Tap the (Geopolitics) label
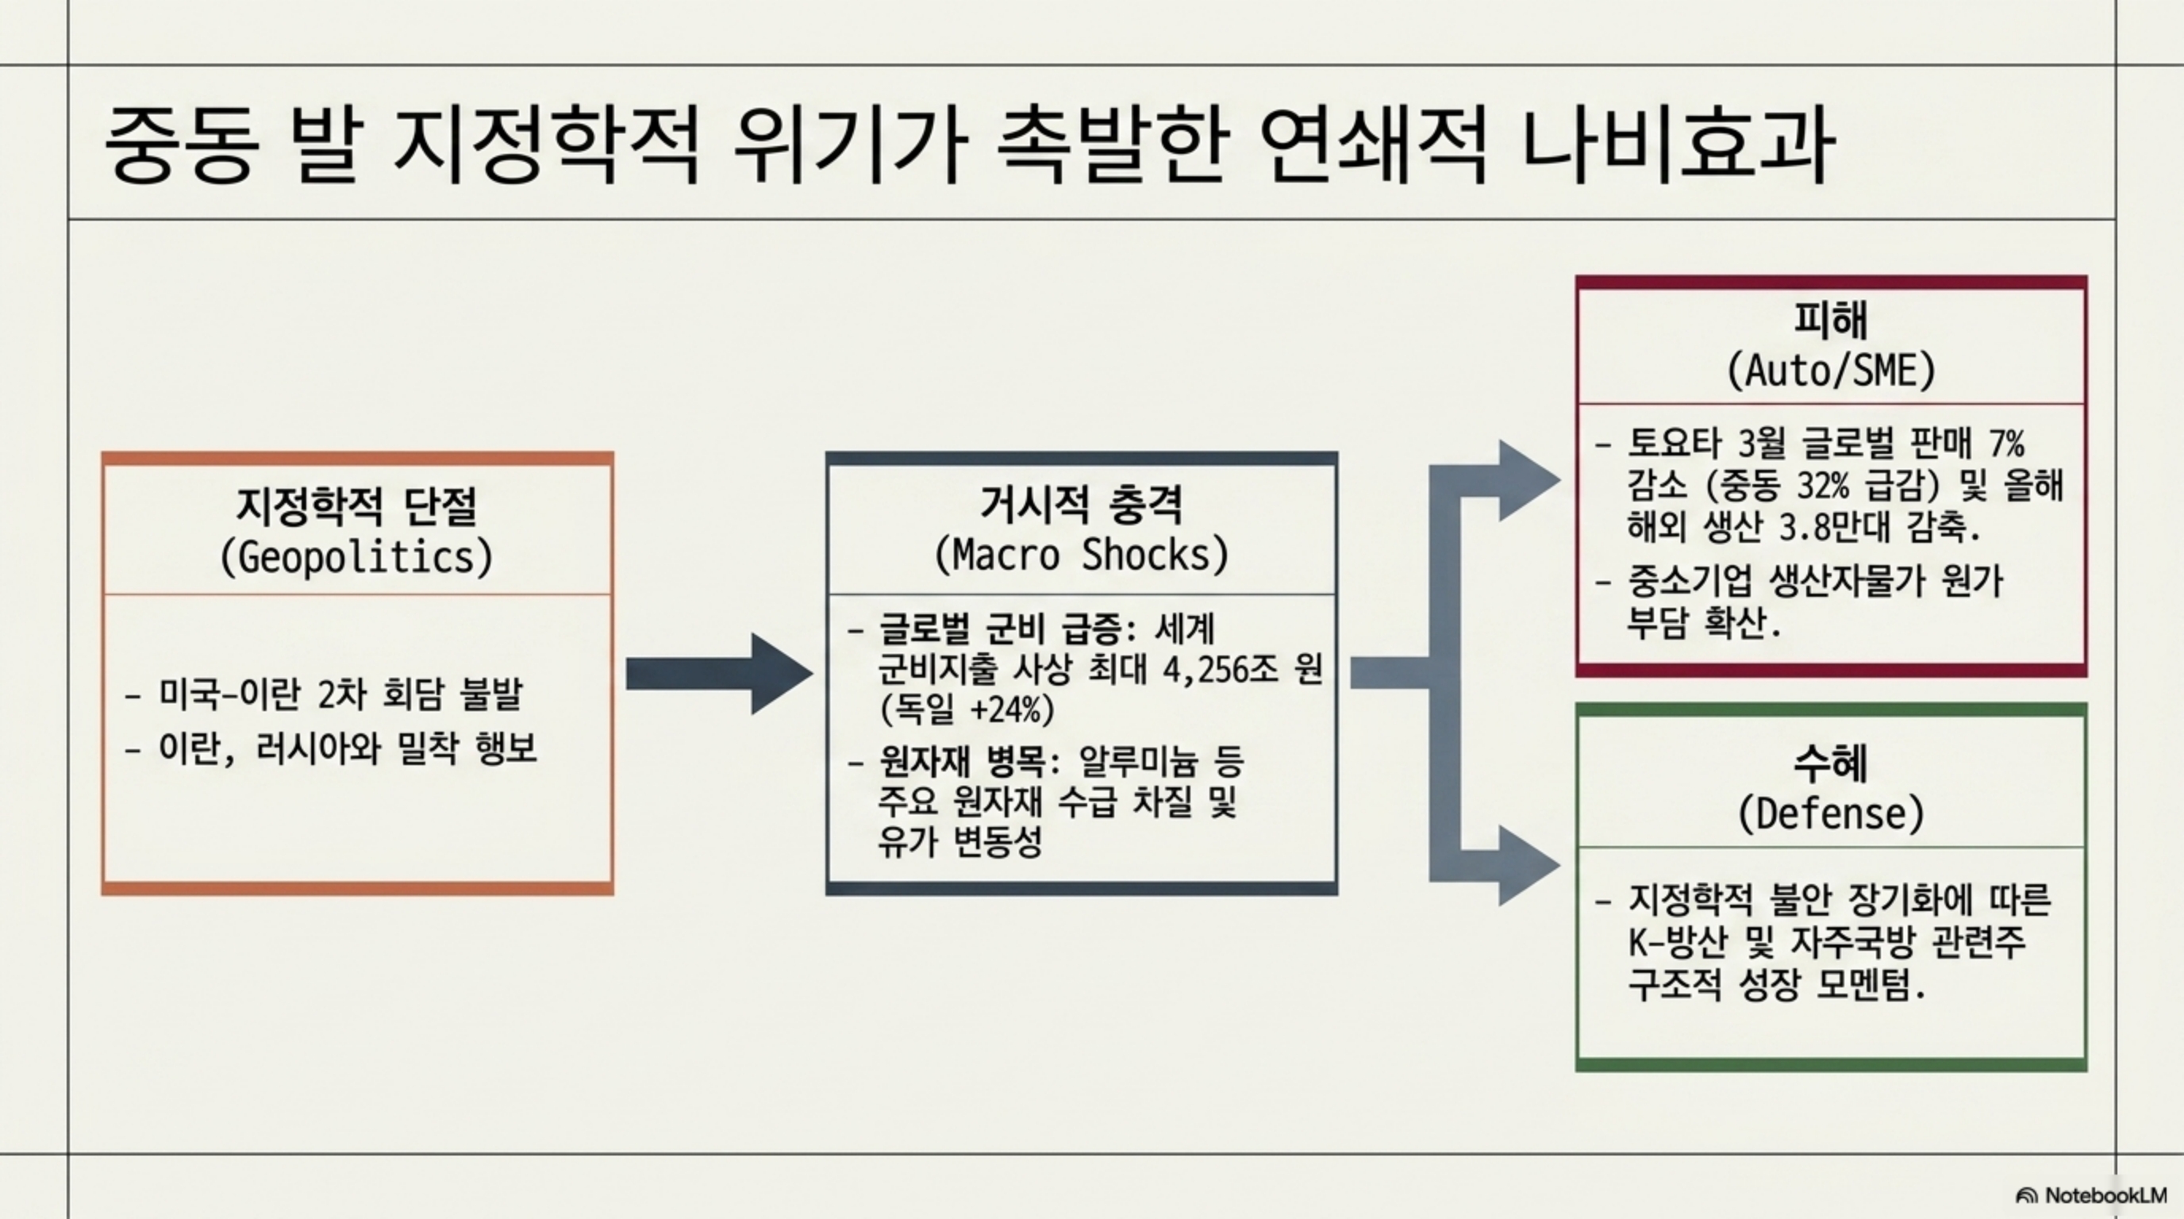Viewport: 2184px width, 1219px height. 356,557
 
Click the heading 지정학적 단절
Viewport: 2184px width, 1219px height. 356,506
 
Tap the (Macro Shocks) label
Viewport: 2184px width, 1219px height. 1081,556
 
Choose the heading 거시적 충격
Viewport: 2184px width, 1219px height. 1081,505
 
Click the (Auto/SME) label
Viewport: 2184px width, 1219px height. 1832,371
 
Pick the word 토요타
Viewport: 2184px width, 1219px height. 1675,444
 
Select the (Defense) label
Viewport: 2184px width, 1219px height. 1832,813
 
